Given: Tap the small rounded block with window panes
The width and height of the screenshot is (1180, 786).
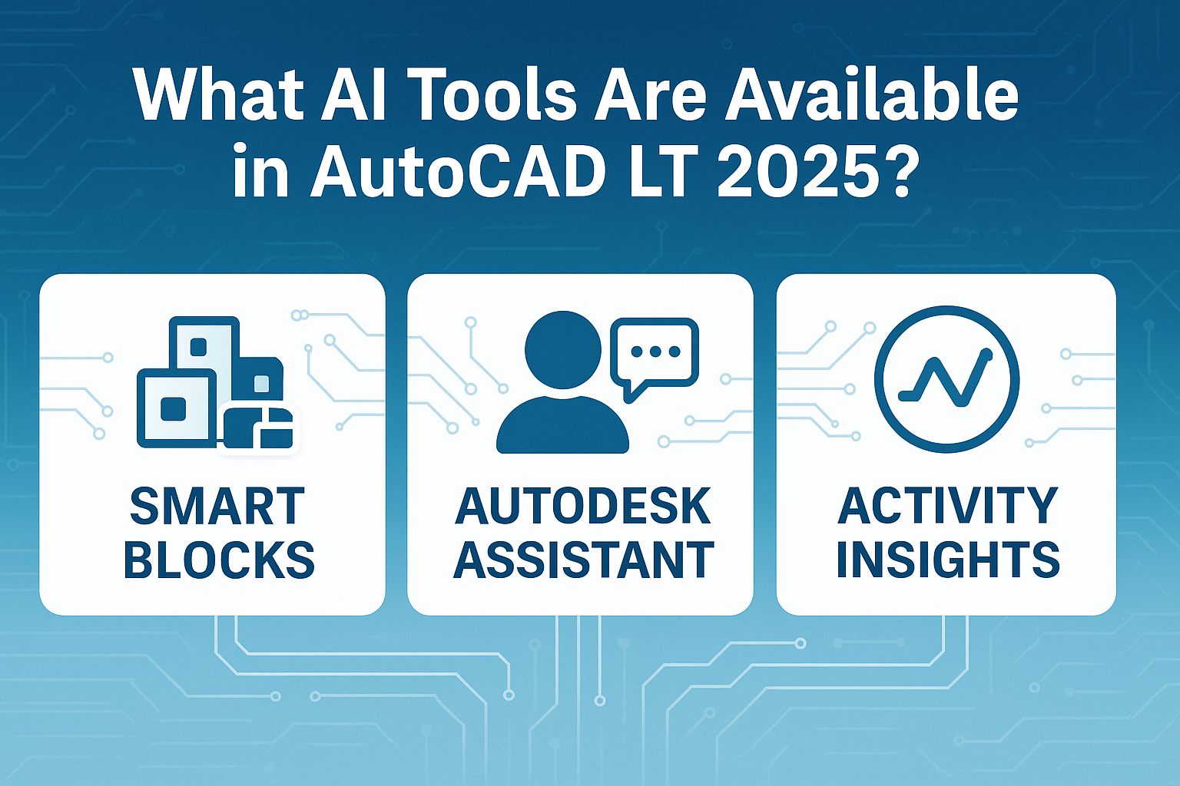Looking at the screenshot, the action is point(258,429).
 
